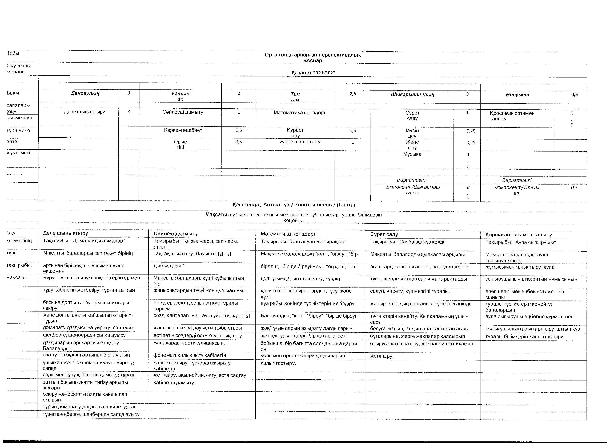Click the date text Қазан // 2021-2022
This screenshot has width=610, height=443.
pos(313,73)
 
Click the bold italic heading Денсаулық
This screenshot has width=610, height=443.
pos(85,93)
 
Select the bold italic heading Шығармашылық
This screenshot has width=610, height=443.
pos(412,94)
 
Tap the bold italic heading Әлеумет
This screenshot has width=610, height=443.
pos(517,95)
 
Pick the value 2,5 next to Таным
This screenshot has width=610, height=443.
pos(353,94)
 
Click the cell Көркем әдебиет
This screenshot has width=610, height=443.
pos(183,130)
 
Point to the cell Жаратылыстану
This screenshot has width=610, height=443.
pos(300,142)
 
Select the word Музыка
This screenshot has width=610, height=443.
pos(412,154)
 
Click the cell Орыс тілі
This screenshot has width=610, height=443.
pos(180,144)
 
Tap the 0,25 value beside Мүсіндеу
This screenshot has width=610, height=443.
pos(471,131)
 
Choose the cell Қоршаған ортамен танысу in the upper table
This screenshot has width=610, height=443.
pos(512,116)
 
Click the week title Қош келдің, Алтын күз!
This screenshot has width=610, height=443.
pos(263,205)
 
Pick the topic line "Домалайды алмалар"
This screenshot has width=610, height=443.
pos(84,241)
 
